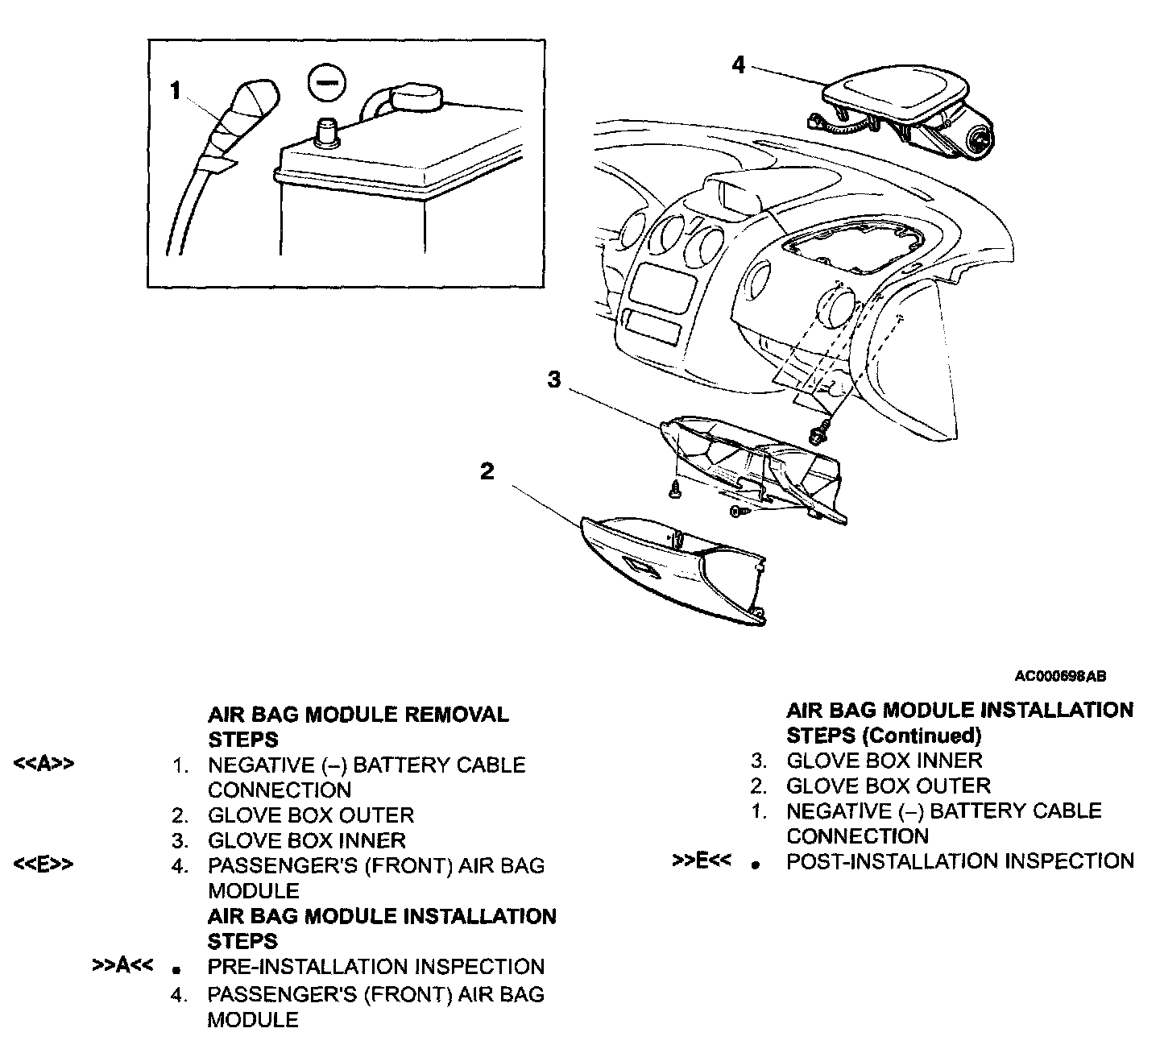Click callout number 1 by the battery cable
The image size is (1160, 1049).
coord(176,91)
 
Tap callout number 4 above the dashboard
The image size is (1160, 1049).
coord(739,64)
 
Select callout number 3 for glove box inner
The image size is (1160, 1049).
coord(554,379)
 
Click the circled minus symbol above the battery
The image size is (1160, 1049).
coord(327,85)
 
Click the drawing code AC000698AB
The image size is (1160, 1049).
coord(1060,677)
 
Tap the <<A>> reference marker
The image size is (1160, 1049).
coord(44,765)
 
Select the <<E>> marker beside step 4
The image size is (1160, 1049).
coord(44,865)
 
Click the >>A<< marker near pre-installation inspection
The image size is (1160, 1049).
coord(123,965)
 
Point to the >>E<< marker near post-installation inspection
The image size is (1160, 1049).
coord(702,860)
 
